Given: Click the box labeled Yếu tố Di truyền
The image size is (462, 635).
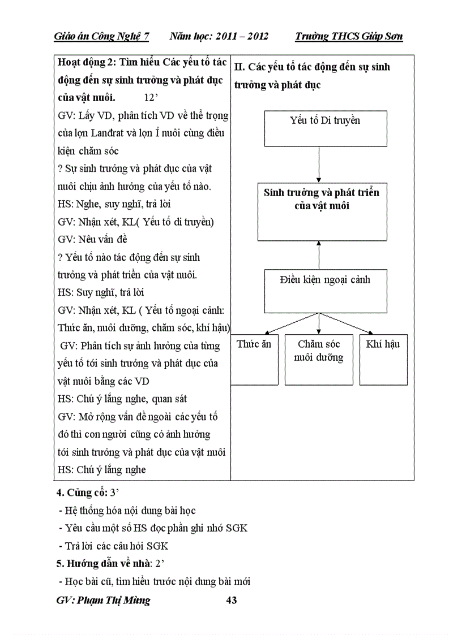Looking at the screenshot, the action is (x=325, y=128).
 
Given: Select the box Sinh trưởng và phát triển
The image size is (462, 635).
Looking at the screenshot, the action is (x=321, y=211).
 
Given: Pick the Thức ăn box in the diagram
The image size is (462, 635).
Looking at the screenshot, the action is (x=254, y=360).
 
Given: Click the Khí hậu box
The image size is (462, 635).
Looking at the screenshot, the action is (x=383, y=360).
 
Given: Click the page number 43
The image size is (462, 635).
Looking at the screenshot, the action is (x=231, y=601).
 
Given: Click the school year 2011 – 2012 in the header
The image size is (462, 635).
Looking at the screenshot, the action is (x=219, y=37).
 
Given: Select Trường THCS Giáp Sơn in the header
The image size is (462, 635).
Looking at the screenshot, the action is (x=349, y=37).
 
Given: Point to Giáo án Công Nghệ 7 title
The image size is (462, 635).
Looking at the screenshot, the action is (x=101, y=37).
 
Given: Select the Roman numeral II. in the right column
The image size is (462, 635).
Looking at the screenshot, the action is (x=239, y=67).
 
